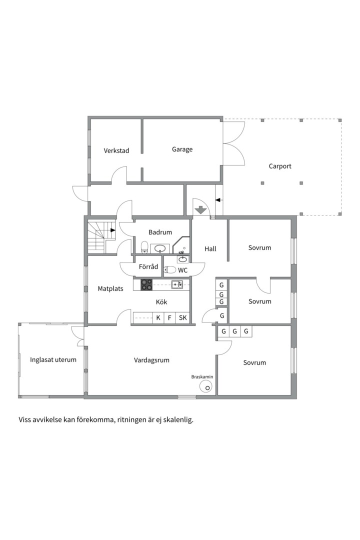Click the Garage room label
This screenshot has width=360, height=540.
[182, 149]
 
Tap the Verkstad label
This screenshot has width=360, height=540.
[116, 150]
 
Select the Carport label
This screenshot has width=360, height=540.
[280, 166]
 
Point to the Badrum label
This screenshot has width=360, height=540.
[160, 232]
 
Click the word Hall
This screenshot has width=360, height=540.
[210, 248]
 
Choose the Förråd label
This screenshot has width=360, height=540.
[148, 266]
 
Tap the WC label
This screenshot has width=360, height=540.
[182, 270]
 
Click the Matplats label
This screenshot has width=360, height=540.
[110, 288]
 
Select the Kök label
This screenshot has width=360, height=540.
[161, 302]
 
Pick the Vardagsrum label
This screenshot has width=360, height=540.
[151, 360]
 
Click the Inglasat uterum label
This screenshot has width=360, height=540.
[53, 360]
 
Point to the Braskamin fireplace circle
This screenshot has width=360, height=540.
[206, 386]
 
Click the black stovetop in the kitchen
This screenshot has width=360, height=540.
[146, 285]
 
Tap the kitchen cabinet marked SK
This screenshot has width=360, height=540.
[182, 317]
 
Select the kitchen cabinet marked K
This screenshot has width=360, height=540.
[158, 317]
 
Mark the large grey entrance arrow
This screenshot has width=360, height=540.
[200, 209]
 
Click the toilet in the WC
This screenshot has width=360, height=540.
[170, 269]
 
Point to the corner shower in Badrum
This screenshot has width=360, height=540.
[181, 245]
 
